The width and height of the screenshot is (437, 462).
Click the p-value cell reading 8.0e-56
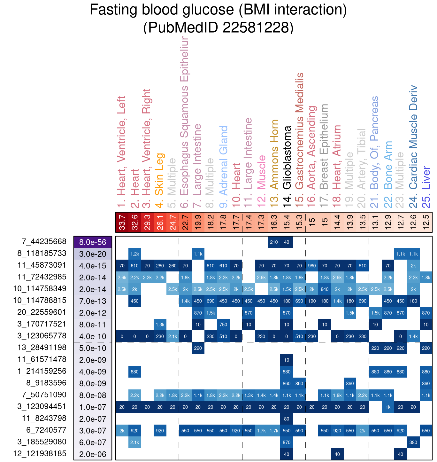(x=93, y=242)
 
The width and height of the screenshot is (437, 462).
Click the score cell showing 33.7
(x=122, y=222)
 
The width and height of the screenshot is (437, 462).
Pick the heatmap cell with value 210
(x=274, y=242)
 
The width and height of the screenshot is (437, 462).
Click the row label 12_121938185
(x=40, y=454)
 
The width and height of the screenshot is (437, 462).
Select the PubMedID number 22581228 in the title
(x=258, y=28)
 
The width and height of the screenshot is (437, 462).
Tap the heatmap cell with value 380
(x=413, y=442)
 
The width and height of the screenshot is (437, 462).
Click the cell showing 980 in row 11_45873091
(x=312, y=265)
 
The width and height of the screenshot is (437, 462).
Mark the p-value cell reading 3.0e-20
(x=93, y=254)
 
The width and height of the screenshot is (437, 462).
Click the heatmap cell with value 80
(x=287, y=419)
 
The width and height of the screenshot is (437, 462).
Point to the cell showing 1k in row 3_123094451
(x=388, y=407)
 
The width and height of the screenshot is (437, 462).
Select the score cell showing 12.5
(x=426, y=222)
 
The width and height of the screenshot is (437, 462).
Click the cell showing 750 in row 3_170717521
(x=223, y=325)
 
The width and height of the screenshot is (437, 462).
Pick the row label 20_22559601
(x=40, y=312)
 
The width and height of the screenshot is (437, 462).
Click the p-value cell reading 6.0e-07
(x=93, y=442)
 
